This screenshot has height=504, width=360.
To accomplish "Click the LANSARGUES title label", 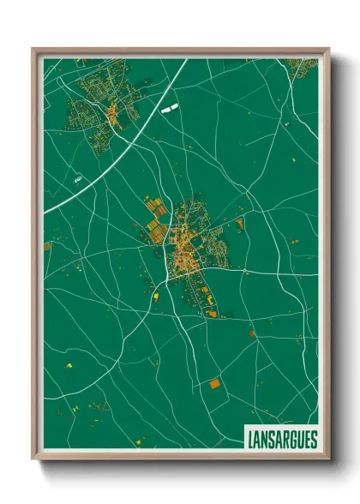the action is pos(282,439).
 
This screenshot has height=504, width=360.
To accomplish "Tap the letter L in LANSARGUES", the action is pos(250,440).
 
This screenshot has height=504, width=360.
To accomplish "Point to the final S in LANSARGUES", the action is pos(313,440).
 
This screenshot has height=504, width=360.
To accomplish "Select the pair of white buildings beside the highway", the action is pos(169,109).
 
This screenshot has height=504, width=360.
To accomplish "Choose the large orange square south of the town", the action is pos(214,384).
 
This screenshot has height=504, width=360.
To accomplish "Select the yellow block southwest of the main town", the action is pos(156,296).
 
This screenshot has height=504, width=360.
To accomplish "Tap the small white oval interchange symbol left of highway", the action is pos(76,179).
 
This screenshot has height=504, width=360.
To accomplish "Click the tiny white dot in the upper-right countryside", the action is pos(288,125).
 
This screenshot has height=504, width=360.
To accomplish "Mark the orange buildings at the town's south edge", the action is pos(210,314).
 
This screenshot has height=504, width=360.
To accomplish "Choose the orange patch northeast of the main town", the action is pos(240,225).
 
